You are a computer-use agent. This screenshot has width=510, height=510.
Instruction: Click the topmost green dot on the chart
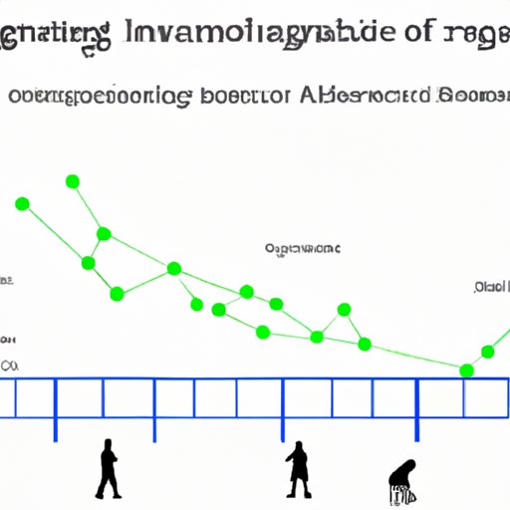[x=72, y=181]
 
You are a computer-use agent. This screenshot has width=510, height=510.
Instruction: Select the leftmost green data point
[x=22, y=204]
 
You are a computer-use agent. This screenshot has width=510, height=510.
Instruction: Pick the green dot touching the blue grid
[x=466, y=371]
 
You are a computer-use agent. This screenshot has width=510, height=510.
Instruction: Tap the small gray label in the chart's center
[x=302, y=247]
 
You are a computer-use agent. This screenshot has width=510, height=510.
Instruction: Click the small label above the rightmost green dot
[x=491, y=288]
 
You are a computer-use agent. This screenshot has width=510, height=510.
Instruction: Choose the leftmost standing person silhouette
[x=108, y=470]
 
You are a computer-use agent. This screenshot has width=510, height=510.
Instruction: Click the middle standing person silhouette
[x=297, y=470]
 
